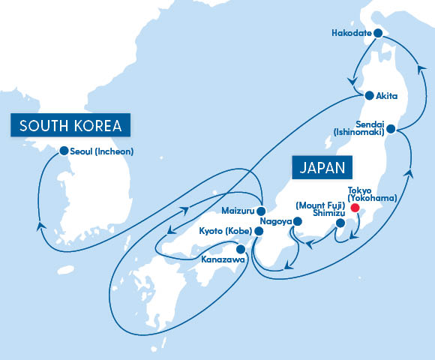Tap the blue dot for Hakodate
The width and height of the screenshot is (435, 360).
pos(379,33)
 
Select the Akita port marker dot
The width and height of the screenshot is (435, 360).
pos(369,96)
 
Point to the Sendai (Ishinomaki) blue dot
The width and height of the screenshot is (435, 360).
pos(391,130)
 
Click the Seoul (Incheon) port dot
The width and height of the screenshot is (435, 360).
pos(64,151)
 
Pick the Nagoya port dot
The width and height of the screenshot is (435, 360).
pos(297,222)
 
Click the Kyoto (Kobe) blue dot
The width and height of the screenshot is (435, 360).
pos(259,232)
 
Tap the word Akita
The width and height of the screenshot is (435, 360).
pos(391,97)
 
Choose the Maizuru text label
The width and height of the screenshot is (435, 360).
pos(239,209)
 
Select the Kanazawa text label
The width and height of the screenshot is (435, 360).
pos(223,260)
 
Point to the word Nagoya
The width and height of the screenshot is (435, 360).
pos(275,222)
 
